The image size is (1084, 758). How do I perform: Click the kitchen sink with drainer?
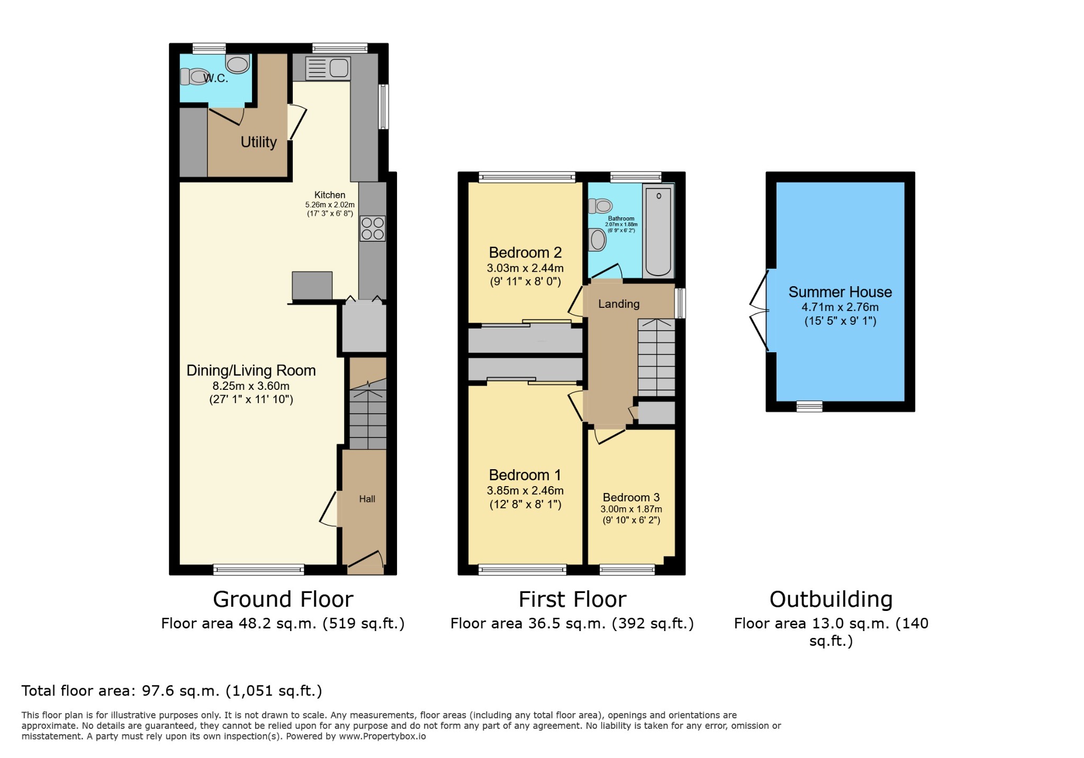pyautogui.click(x=328, y=68)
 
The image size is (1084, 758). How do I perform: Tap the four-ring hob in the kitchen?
pyautogui.click(x=373, y=229)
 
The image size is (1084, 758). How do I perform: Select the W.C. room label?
pyautogui.click(x=216, y=78)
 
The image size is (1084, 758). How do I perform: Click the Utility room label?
pyautogui.click(x=259, y=142)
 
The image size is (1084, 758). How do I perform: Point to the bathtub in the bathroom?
pyautogui.click(x=658, y=231)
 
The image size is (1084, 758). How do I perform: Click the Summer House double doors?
pyautogui.click(x=760, y=310)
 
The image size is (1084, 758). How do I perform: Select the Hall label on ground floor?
pyautogui.click(x=367, y=499)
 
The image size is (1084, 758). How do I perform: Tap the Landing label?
pyautogui.click(x=619, y=304)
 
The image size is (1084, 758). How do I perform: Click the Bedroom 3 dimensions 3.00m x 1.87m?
pyautogui.click(x=631, y=509)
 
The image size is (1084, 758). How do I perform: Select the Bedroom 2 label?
pyautogui.click(x=525, y=252)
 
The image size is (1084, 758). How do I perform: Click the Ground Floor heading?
pyautogui.click(x=283, y=599)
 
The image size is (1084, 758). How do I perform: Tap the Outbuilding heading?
pyautogui.click(x=830, y=599)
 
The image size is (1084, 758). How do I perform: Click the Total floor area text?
pyautogui.click(x=171, y=691)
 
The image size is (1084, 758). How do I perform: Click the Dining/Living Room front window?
pyautogui.click(x=259, y=570)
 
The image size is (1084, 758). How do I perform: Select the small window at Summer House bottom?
pyautogui.click(x=809, y=406)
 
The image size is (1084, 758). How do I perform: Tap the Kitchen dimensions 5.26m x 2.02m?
pyautogui.click(x=330, y=205)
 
